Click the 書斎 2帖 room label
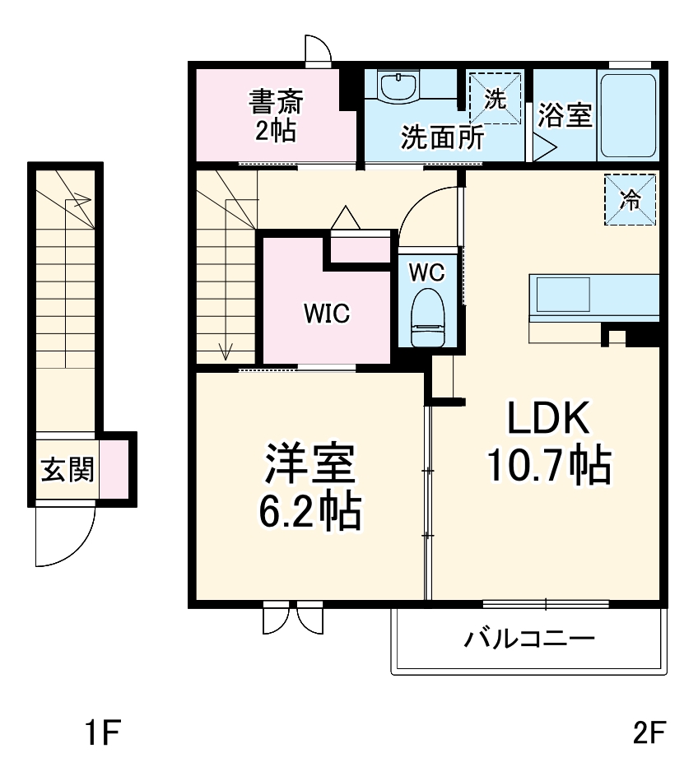(x=276, y=116)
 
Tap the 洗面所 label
(x=442, y=137)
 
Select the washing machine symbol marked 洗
(x=495, y=99)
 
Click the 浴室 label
(x=565, y=115)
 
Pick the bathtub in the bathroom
(x=627, y=115)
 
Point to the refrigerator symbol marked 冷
(x=631, y=199)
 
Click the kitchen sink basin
(x=563, y=294)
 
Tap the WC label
(x=427, y=271)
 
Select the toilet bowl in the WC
(x=427, y=317)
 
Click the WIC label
(x=327, y=313)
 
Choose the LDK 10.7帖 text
(x=548, y=444)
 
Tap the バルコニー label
(x=528, y=639)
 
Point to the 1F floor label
(x=103, y=732)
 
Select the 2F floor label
(x=647, y=732)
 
